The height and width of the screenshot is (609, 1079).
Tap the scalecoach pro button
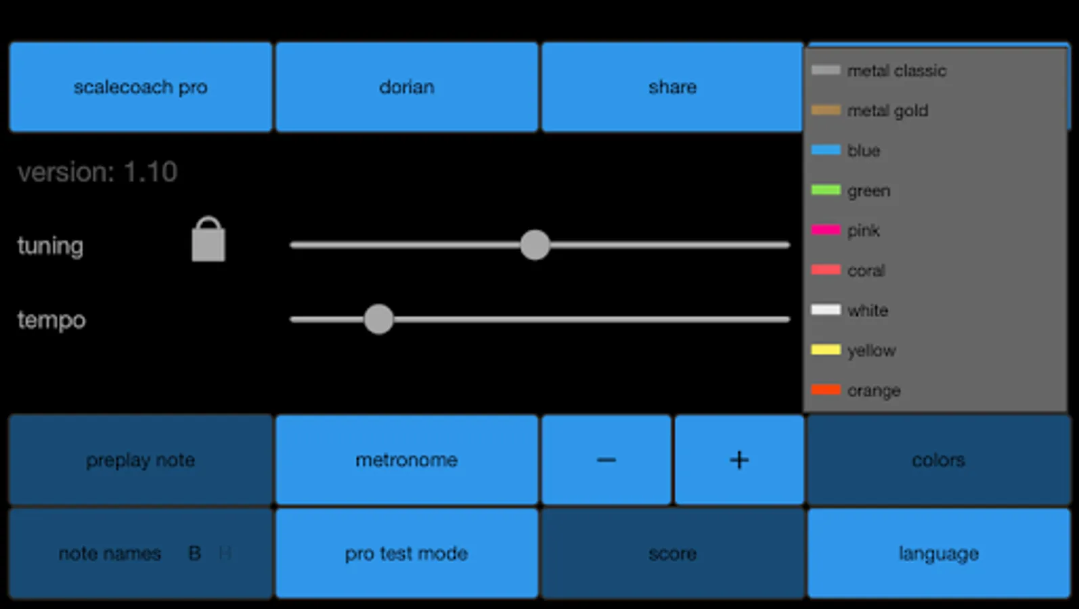[140, 87]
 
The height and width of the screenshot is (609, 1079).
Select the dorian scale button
[406, 87]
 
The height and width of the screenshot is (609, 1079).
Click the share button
[672, 87]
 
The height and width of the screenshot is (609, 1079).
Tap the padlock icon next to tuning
[208, 240]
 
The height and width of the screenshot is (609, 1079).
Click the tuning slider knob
[535, 245]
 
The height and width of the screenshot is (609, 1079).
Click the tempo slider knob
[378, 319]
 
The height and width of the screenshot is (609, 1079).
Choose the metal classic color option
[895, 70]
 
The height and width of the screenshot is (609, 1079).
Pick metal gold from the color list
[886, 110]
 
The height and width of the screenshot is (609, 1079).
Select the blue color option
[862, 150]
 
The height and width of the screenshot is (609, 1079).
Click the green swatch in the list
[826, 190]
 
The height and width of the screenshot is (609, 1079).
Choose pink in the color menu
[862, 231]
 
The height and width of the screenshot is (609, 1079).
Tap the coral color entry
[865, 271]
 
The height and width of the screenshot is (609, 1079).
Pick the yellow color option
[871, 351]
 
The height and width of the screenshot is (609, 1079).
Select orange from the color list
[873, 390]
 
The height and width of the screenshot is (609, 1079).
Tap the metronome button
[406, 460]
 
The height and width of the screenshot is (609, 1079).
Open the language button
[938, 554]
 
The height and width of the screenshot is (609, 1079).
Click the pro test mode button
[406, 554]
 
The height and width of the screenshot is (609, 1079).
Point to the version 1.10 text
[97, 173]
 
